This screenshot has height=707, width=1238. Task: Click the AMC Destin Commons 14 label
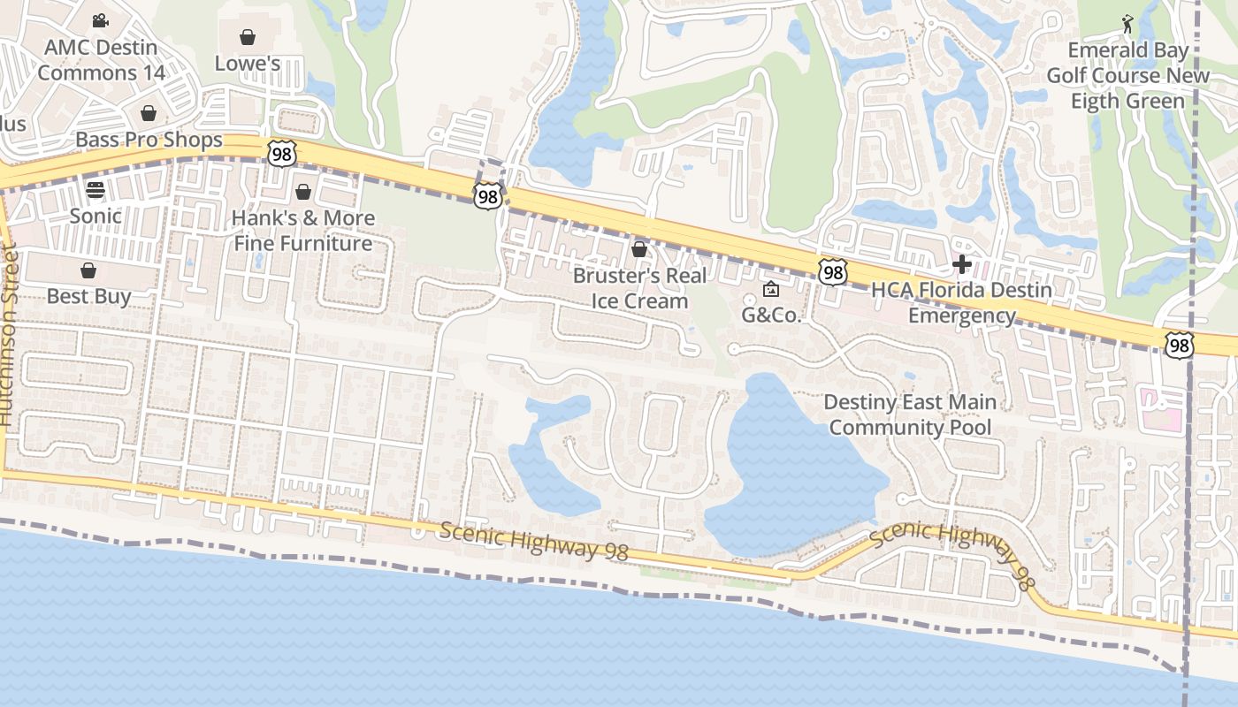pyautogui.click(x=101, y=60)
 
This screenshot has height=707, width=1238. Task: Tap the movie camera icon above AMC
pyautogui.click(x=100, y=19)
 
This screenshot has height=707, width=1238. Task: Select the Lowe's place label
pyautogui.click(x=248, y=64)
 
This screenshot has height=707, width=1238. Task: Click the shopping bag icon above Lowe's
pyautogui.click(x=248, y=37)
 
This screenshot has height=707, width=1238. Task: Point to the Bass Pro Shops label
pyautogui.click(x=149, y=140)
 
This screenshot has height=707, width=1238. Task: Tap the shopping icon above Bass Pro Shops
pyautogui.click(x=149, y=113)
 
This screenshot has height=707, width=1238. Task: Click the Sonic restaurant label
pyautogui.click(x=96, y=216)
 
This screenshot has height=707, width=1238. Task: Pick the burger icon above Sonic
pyautogui.click(x=96, y=189)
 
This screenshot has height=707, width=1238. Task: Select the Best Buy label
pyautogui.click(x=88, y=296)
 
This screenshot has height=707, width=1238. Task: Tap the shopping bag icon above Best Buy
pyautogui.click(x=88, y=270)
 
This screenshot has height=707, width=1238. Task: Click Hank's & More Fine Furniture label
pyautogui.click(x=303, y=231)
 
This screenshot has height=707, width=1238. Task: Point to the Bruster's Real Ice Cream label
pyautogui.click(x=639, y=288)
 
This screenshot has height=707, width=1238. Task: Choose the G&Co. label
pyautogui.click(x=771, y=315)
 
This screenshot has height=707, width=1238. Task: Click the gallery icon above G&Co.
pyautogui.click(x=771, y=289)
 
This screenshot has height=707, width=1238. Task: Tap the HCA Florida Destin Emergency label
pyautogui.click(x=962, y=302)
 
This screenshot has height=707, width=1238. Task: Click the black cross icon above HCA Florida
pyautogui.click(x=962, y=263)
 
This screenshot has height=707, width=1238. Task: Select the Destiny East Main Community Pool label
pyautogui.click(x=910, y=414)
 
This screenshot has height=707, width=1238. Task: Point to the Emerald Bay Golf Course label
pyautogui.click(x=1127, y=76)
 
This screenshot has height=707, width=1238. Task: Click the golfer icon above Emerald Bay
pyautogui.click(x=1127, y=22)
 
